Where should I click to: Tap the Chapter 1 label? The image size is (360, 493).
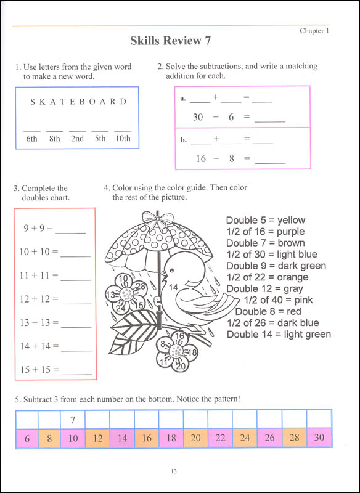click(x=314, y=30)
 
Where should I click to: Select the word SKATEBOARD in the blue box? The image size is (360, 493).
click(x=78, y=102)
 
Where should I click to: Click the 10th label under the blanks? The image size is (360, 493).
click(x=123, y=139)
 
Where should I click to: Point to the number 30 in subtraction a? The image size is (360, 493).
click(x=197, y=117)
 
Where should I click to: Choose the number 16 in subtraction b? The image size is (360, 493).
click(x=200, y=158)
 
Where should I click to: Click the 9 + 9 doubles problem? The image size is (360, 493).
click(x=38, y=228)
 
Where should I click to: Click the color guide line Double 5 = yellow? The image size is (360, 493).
click(x=265, y=220)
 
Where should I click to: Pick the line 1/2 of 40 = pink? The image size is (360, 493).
click(x=279, y=300)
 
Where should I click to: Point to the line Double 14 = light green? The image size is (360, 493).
click(x=279, y=335)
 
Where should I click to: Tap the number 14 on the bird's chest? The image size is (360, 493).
click(x=173, y=287)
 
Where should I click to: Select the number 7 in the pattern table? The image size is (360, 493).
click(x=73, y=420)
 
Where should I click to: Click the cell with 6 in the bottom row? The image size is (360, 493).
click(x=27, y=438)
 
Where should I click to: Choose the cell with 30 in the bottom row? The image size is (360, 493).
click(x=319, y=438)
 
